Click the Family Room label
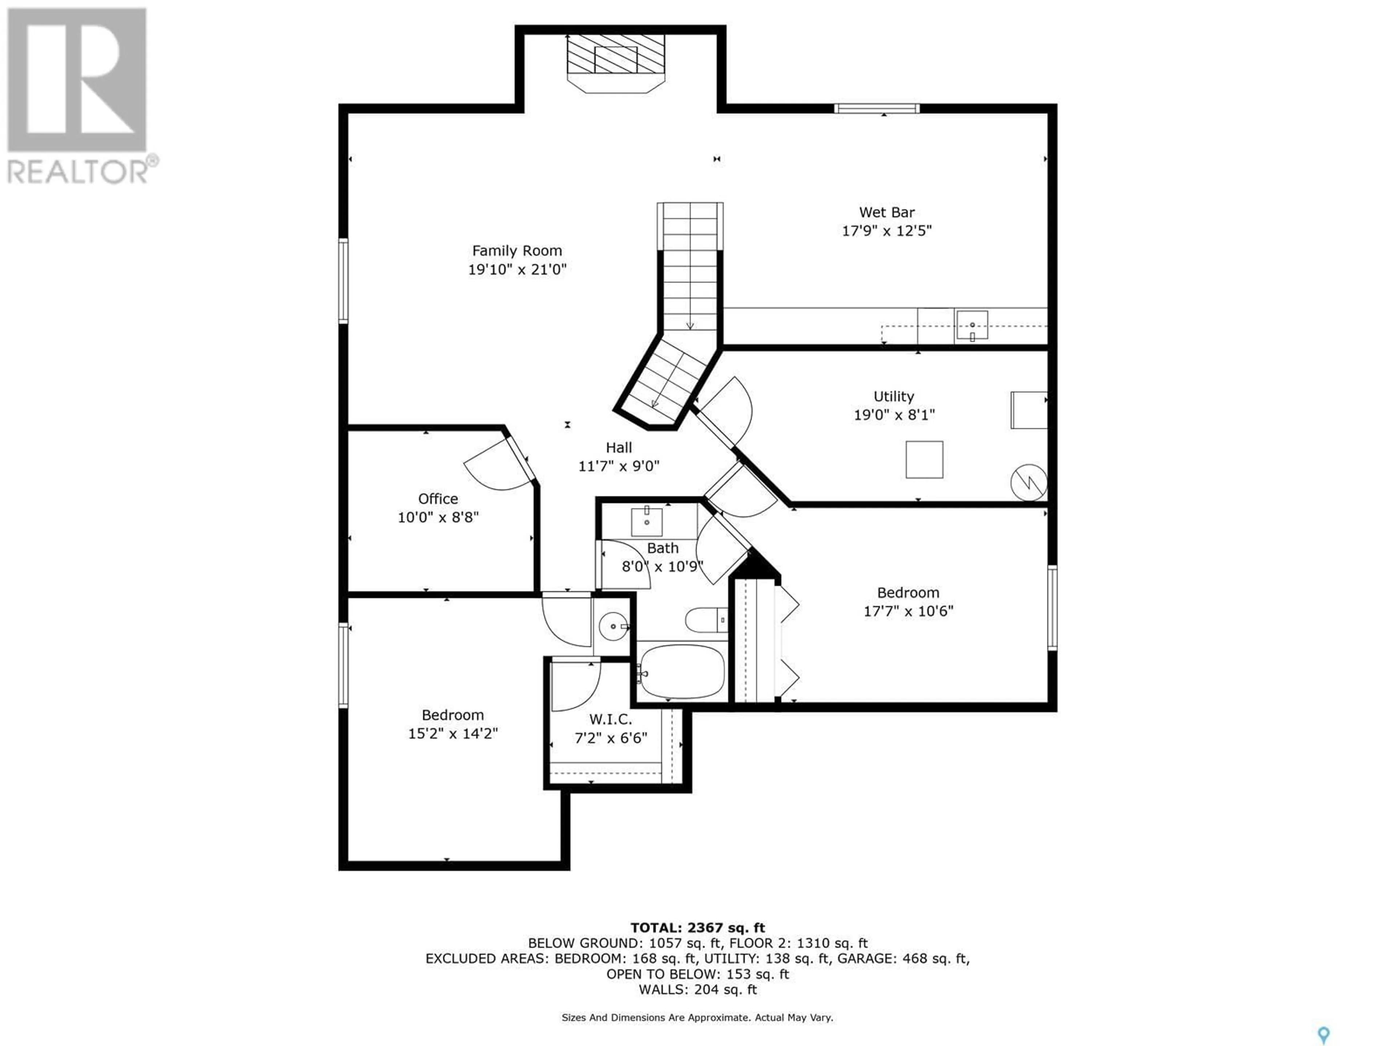(x=517, y=251)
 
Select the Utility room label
(x=894, y=397)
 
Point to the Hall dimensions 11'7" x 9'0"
(x=619, y=466)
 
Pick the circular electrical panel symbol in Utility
(x=1028, y=483)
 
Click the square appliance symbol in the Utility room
(x=925, y=460)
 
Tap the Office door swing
(x=498, y=465)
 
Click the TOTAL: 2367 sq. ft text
(x=697, y=928)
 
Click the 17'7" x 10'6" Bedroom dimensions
(x=908, y=611)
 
